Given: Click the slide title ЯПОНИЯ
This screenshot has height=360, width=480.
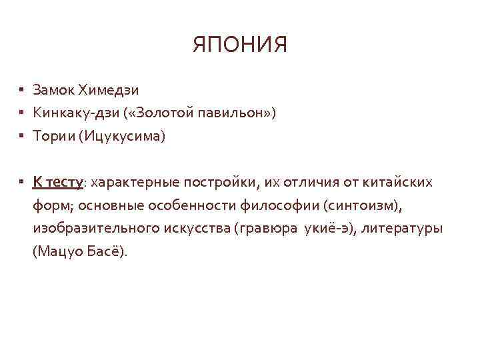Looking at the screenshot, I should pos(240,45).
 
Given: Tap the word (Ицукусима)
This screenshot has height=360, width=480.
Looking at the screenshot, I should pos(122,137).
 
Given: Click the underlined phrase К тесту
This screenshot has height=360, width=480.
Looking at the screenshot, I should pos(57,182).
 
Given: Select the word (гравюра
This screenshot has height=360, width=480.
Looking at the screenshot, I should pos(265,229).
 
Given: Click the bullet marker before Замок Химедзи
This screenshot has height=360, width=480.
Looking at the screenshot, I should pos(22,89).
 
